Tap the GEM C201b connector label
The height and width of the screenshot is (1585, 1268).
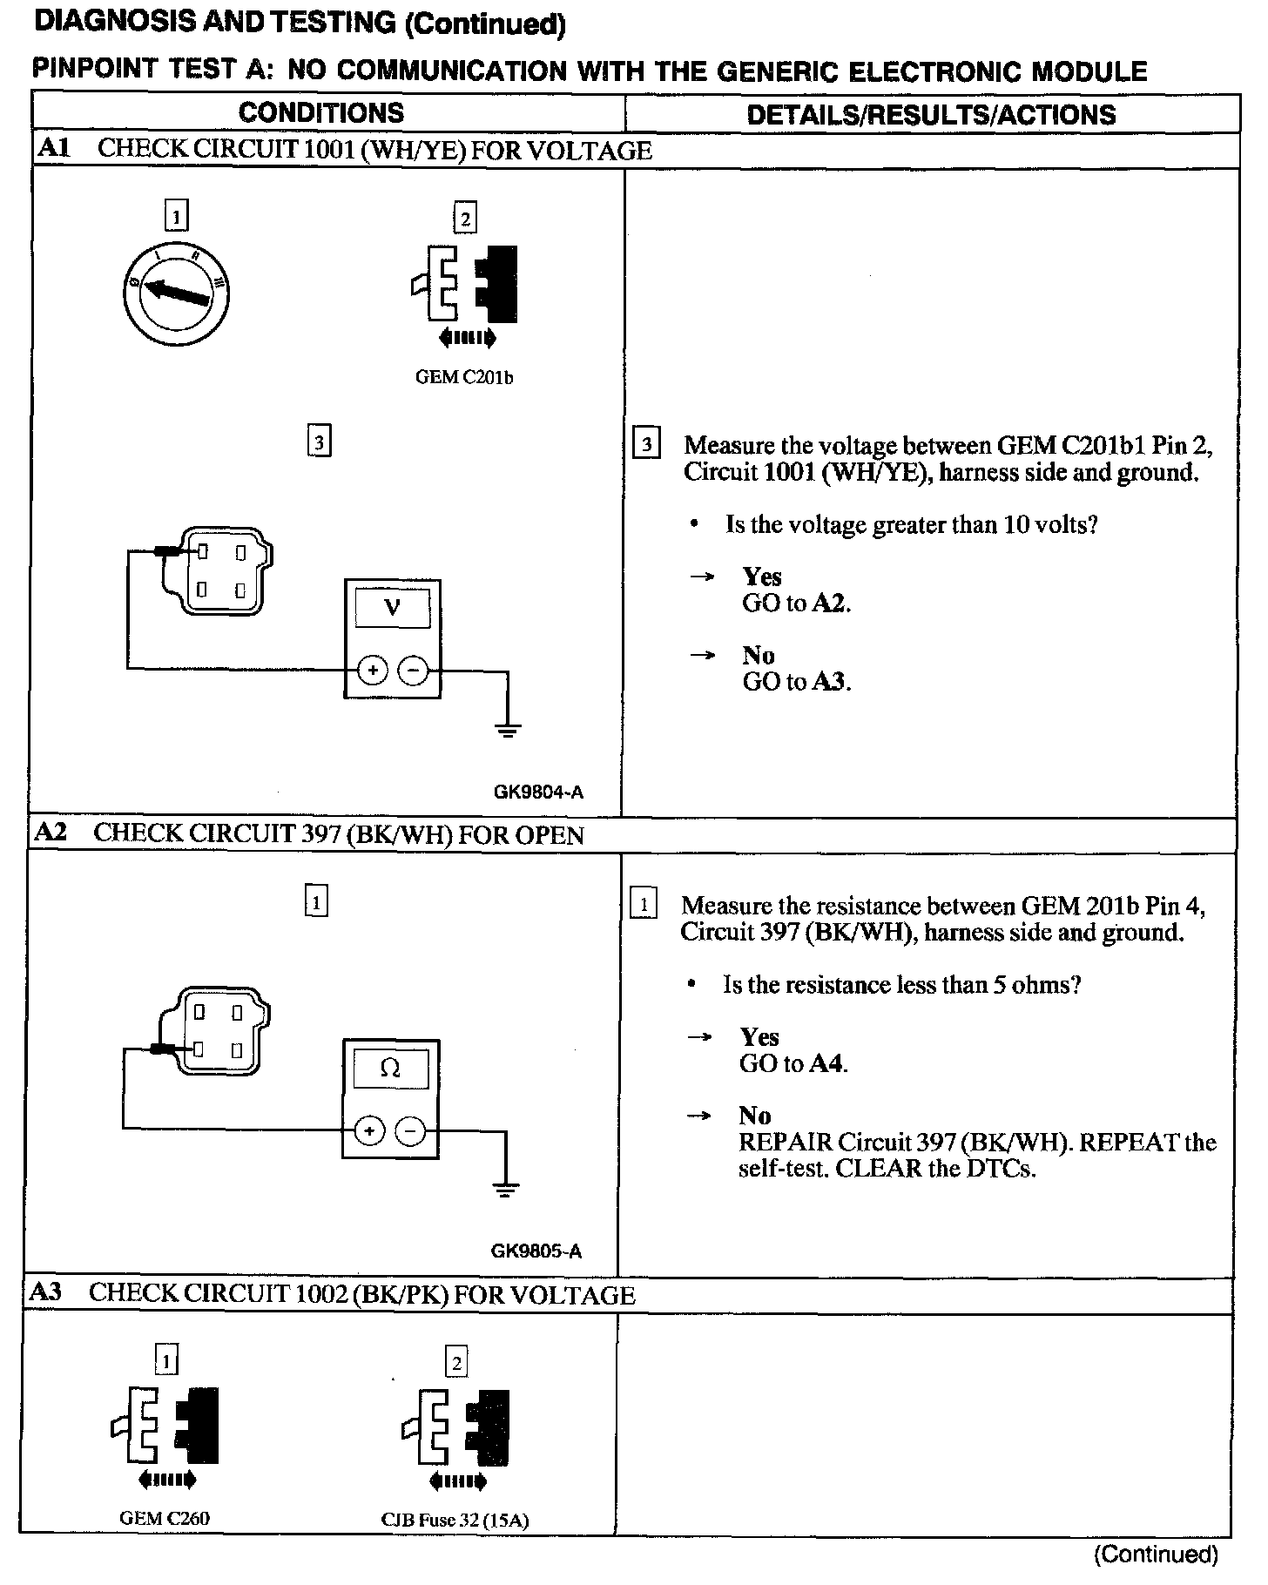[x=463, y=378]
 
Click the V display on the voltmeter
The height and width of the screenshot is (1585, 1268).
[x=392, y=608]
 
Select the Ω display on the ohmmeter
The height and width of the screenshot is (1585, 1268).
[x=390, y=1069]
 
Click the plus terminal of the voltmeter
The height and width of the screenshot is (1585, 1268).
[x=372, y=671]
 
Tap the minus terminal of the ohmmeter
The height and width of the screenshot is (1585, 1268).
[x=411, y=1131]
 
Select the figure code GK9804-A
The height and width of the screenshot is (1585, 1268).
[x=538, y=792]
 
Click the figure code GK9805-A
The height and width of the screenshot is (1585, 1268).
[x=536, y=1251]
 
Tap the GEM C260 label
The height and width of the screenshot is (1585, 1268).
[x=165, y=1518]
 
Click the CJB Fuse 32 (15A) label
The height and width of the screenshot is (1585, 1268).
[x=455, y=1521]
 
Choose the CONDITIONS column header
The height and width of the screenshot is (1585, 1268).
[x=320, y=112]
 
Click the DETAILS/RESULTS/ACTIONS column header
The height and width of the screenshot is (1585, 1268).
[x=931, y=114]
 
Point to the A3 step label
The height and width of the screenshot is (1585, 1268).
[x=45, y=1292]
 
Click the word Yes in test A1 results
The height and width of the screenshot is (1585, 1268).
[x=762, y=577]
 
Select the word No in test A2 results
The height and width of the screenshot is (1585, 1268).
[x=754, y=1116]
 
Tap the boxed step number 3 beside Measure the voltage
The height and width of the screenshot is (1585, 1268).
[x=645, y=445]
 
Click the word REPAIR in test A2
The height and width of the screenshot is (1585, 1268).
[x=784, y=1142]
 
